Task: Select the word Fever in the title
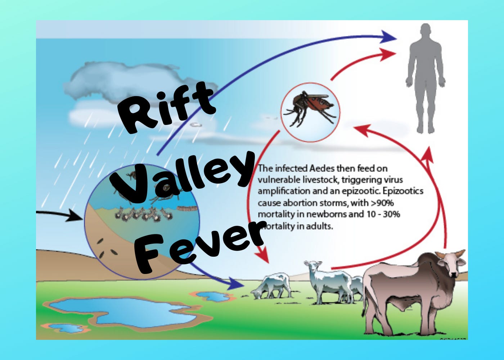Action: coord(200,245)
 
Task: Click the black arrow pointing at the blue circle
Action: coord(61,215)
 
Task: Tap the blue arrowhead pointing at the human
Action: coord(389,37)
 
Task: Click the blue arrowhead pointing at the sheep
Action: coord(236,284)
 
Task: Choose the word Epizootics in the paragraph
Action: coord(403,191)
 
